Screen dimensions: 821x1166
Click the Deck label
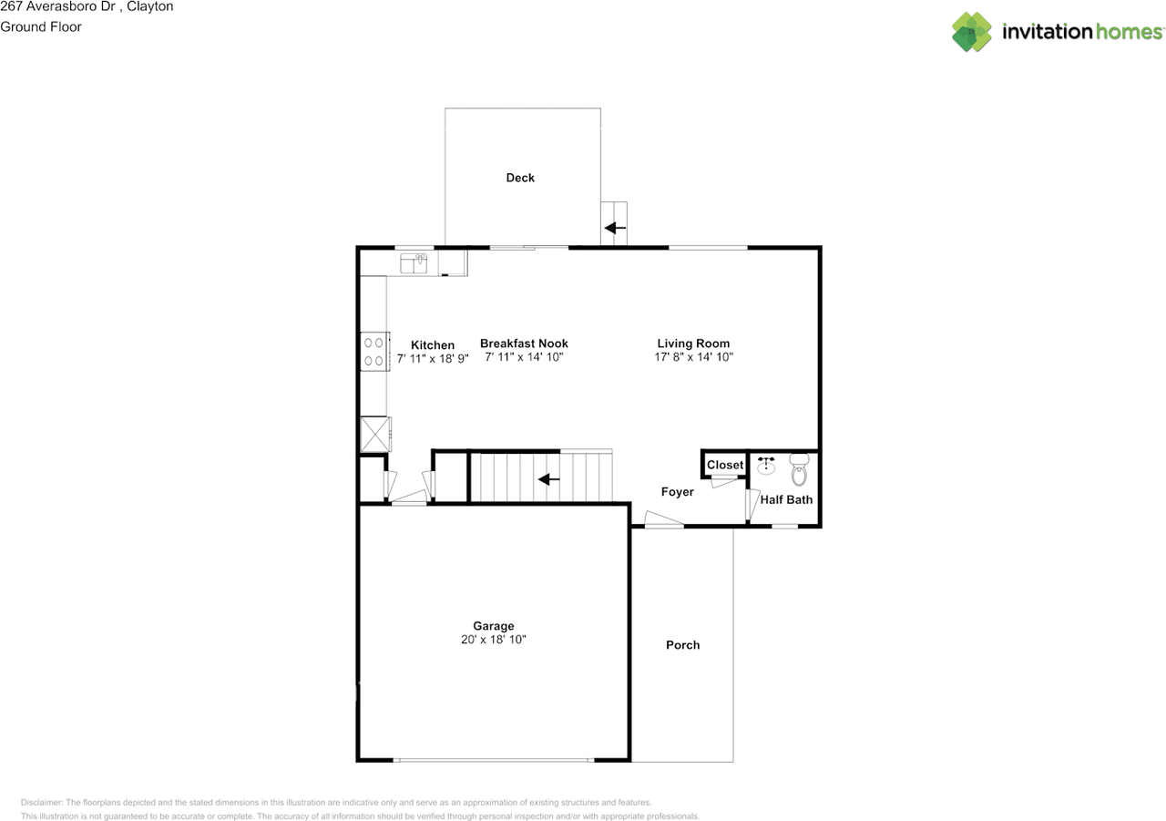coord(520,178)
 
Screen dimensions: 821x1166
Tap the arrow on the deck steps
coord(616,228)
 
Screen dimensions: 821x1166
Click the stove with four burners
coord(373,352)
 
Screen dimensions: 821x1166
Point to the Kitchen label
coord(433,345)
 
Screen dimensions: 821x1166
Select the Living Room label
coord(693,344)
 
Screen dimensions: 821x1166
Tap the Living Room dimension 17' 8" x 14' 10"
coord(694,357)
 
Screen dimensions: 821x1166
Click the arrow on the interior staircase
coord(547,479)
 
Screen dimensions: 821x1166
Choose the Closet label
coord(725,465)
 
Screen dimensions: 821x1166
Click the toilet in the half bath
coord(799,470)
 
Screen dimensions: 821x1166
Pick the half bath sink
coord(766,467)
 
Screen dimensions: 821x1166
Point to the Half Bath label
coord(786,499)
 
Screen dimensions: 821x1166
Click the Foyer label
coord(677,492)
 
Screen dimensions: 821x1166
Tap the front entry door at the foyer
coord(664,521)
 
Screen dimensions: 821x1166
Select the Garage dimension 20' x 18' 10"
coord(494,640)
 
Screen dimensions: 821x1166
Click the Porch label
coord(682,645)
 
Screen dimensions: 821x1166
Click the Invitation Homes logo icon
coord(972,32)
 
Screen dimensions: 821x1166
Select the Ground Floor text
coord(41,26)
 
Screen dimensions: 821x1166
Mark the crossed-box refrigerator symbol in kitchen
coord(374,434)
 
